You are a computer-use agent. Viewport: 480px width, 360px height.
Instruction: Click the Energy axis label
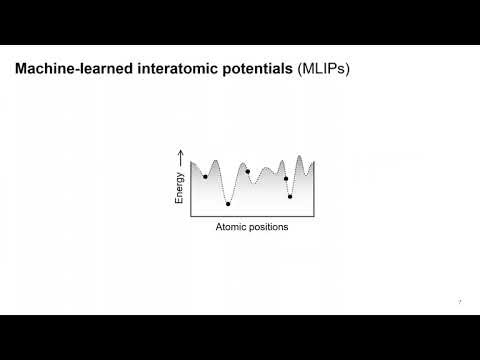point(180,188)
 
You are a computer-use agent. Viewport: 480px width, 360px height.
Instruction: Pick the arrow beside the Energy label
point(180,158)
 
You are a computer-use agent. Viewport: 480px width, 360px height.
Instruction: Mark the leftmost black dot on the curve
point(205,177)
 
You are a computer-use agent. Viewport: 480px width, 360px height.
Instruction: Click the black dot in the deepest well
point(228,204)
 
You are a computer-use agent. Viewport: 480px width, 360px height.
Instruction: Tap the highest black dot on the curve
point(248,172)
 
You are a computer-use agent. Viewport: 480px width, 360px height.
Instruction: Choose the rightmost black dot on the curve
point(290,196)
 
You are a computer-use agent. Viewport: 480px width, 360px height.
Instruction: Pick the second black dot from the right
point(286,179)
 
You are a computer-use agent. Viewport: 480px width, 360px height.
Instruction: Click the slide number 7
point(459,302)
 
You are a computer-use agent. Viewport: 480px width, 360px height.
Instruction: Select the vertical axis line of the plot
point(191,185)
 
